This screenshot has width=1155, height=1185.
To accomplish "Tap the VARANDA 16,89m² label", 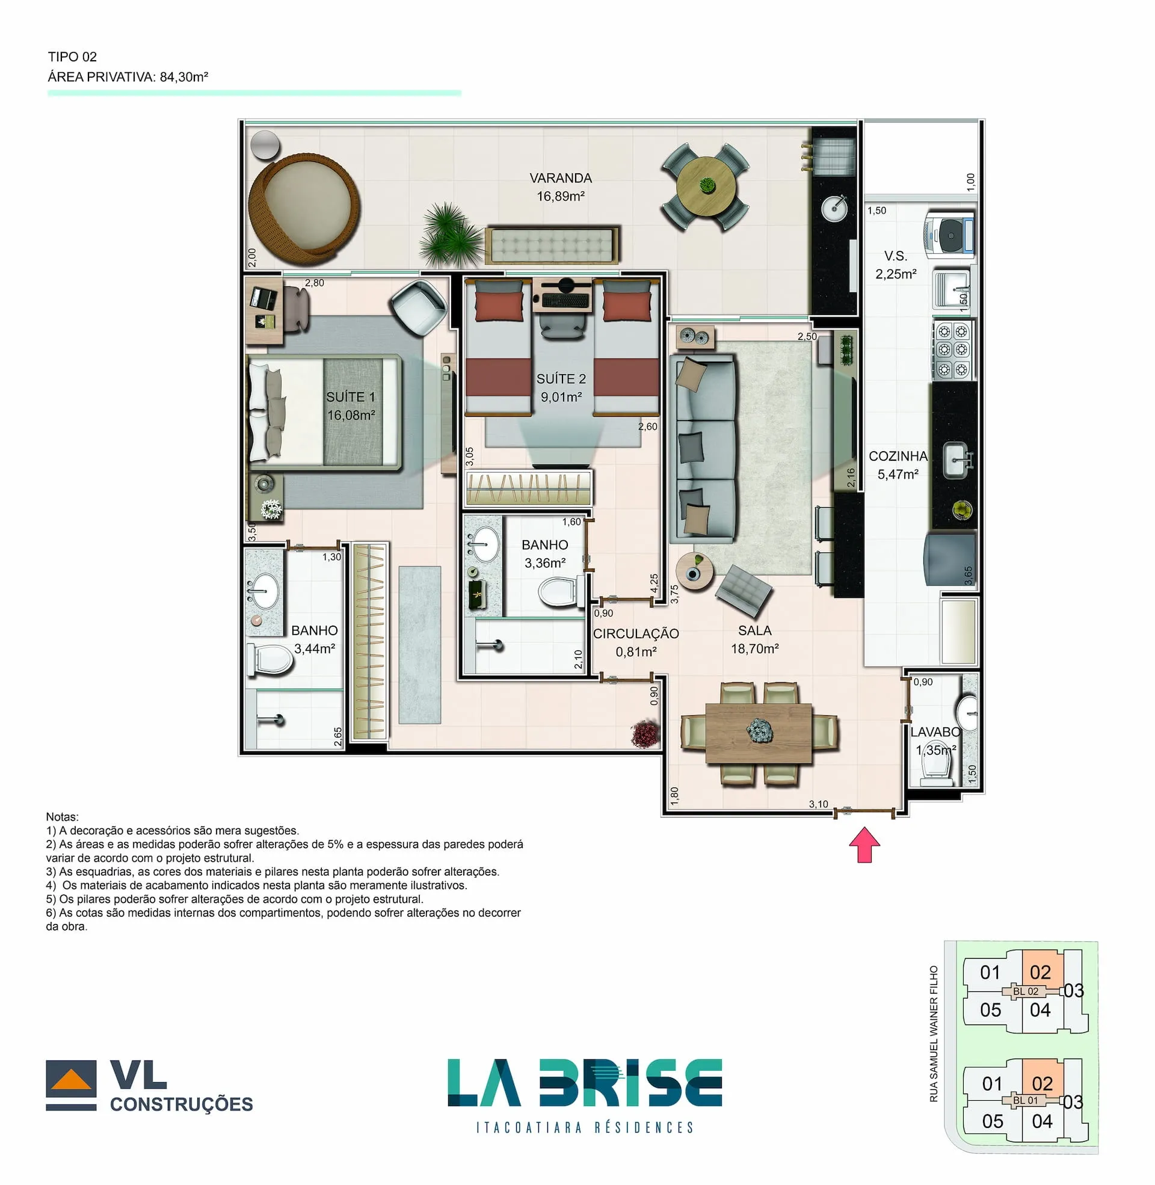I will pyautogui.click(x=560, y=187).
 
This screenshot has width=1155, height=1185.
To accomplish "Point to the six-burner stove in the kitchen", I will pyautogui.click(x=952, y=350).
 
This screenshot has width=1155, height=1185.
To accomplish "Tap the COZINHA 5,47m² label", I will pyautogui.click(x=898, y=465).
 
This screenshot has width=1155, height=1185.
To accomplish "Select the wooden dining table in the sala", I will pyautogui.click(x=759, y=733).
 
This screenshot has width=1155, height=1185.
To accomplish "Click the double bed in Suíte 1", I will pyautogui.click(x=323, y=413).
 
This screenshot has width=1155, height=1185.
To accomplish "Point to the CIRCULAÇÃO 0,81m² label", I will pyautogui.click(x=635, y=642).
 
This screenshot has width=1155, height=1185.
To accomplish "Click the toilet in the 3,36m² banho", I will pyautogui.click(x=558, y=591).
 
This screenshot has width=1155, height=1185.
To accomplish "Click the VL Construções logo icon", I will pyautogui.click(x=71, y=1085).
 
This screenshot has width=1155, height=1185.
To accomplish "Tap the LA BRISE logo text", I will pyautogui.click(x=584, y=1083).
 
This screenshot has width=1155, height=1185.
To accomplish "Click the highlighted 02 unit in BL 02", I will pyautogui.click(x=1041, y=972).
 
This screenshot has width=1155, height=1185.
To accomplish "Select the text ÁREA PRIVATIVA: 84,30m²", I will pyautogui.click(x=128, y=77).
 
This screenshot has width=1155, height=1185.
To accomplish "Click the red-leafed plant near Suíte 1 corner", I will pyautogui.click(x=644, y=734).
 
